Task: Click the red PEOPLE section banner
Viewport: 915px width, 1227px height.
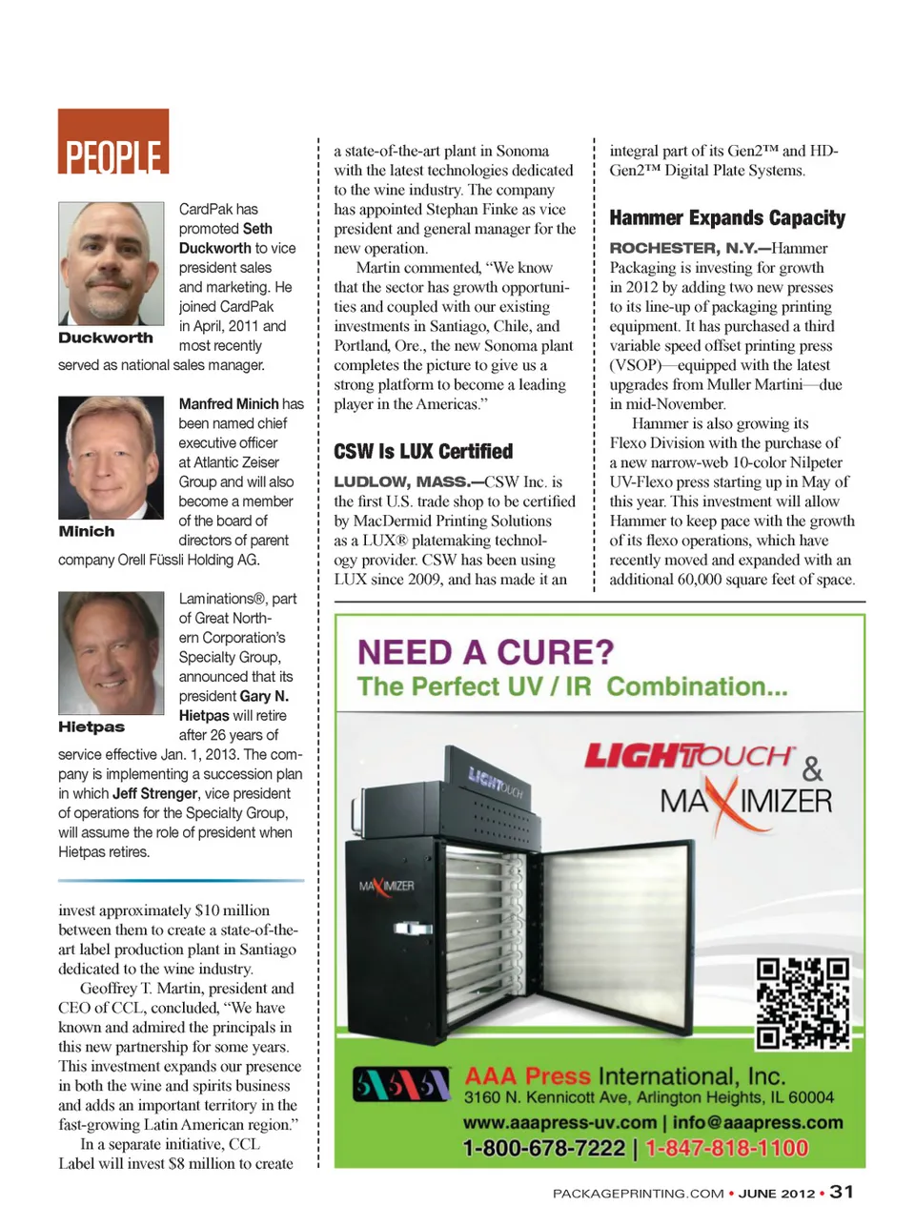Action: pos(113,142)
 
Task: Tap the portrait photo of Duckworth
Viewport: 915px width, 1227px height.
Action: pos(111,263)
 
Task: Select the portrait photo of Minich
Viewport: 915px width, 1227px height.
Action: pos(111,458)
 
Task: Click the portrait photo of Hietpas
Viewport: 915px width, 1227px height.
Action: pos(111,652)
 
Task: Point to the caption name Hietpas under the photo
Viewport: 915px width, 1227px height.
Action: pos(91,727)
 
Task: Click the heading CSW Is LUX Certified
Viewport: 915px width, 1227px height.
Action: pos(423,452)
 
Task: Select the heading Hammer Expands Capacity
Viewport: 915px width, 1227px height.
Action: pos(727,218)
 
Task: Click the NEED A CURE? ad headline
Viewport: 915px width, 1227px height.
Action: pos(485,653)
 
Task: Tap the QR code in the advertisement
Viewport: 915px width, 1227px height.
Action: pos(803,1004)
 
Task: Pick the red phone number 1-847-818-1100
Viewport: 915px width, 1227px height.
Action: pos(726,1149)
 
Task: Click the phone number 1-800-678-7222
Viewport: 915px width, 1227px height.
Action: pos(543,1149)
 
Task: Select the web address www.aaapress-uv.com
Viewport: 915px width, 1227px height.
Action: pos(559,1123)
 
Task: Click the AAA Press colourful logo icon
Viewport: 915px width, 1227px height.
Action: pos(400,1085)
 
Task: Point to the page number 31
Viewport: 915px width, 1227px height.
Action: pos(842,1192)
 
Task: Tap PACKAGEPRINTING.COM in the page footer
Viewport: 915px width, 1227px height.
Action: pos(638,1194)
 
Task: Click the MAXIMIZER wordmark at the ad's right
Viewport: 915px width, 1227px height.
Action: pos(745,800)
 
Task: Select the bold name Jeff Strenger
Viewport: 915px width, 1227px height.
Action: pos(154,793)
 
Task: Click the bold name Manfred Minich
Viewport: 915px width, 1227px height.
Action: pos(229,404)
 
